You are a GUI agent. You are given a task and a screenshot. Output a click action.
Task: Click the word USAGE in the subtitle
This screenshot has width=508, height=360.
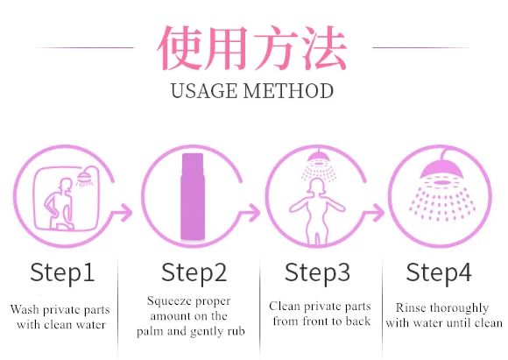click(x=204, y=91)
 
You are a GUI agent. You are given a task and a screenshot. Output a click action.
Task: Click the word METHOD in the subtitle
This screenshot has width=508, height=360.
click(x=288, y=91)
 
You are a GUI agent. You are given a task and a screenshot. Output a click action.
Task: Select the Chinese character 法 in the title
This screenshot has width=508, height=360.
click(x=325, y=47)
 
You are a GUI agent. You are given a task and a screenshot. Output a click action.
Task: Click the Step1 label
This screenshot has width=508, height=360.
click(x=62, y=272)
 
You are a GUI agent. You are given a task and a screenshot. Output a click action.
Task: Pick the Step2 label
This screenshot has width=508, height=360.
click(x=194, y=272)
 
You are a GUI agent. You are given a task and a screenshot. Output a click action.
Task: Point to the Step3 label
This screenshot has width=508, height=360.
click(x=317, y=272)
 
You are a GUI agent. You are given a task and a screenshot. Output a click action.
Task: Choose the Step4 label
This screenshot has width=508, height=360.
click(x=439, y=272)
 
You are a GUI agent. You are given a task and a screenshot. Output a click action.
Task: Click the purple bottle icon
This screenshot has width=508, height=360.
click(x=193, y=197)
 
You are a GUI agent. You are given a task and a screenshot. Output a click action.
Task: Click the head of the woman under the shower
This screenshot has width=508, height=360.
click(x=317, y=187)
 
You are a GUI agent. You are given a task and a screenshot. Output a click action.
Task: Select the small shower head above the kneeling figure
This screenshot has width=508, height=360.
click(x=85, y=177)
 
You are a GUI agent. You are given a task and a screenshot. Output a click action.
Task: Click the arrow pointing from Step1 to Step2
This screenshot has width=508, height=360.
click(x=122, y=212)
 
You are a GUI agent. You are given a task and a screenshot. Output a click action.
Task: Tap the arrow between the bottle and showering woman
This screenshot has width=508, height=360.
click(x=250, y=212)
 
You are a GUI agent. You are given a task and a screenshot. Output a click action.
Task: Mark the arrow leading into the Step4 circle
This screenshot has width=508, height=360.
click(x=373, y=212)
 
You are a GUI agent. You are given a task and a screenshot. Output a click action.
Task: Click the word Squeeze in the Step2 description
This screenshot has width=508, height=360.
click(x=166, y=301)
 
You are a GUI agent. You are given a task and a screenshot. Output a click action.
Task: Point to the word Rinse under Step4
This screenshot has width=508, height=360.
click(x=410, y=307)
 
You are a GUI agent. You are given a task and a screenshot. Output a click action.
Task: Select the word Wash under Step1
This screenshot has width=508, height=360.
click(x=25, y=309)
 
